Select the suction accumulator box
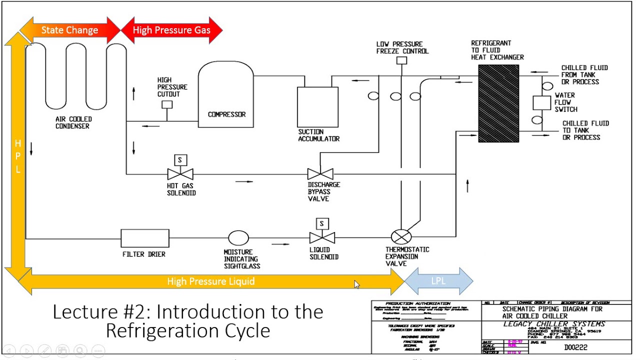coord(317,107)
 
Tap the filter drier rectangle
coord(145,238)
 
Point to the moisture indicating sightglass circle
coord(238,238)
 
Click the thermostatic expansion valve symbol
coord(401,236)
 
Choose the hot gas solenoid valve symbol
coord(180,173)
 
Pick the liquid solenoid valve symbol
coord(322,237)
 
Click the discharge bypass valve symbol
coord(320,174)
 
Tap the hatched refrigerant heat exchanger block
coord(498,104)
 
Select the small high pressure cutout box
coord(167,104)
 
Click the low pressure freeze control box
coord(401,60)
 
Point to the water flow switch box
coord(541,103)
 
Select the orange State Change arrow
coord(69,30)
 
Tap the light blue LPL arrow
coord(438,281)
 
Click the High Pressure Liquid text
coord(210,281)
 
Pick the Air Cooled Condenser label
coord(73,122)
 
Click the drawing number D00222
coord(575,347)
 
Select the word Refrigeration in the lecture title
coord(187,330)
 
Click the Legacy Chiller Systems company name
coord(554,324)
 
